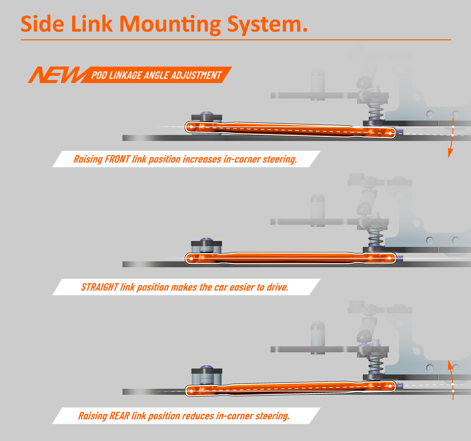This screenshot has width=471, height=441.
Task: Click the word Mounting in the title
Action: [x=170, y=24]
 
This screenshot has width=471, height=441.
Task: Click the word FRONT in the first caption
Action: [x=117, y=159]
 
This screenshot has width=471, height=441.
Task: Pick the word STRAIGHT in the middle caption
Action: [x=100, y=287]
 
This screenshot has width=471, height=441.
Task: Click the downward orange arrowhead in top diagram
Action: [x=449, y=153]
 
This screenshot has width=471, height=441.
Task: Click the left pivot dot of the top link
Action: [x=191, y=127]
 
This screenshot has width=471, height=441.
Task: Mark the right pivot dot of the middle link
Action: [x=390, y=258]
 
